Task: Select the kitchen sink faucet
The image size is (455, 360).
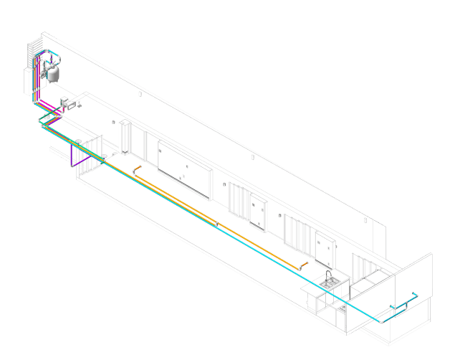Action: coord(329,275)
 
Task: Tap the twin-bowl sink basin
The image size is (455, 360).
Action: coord(330,284)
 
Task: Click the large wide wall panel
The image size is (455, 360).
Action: coord(184,166)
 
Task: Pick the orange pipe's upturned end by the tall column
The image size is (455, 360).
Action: coord(135,169)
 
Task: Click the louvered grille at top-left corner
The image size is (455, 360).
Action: coord(32,54)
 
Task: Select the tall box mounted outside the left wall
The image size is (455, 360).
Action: coord(29,80)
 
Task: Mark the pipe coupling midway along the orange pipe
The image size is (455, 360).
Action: coord(217,224)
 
